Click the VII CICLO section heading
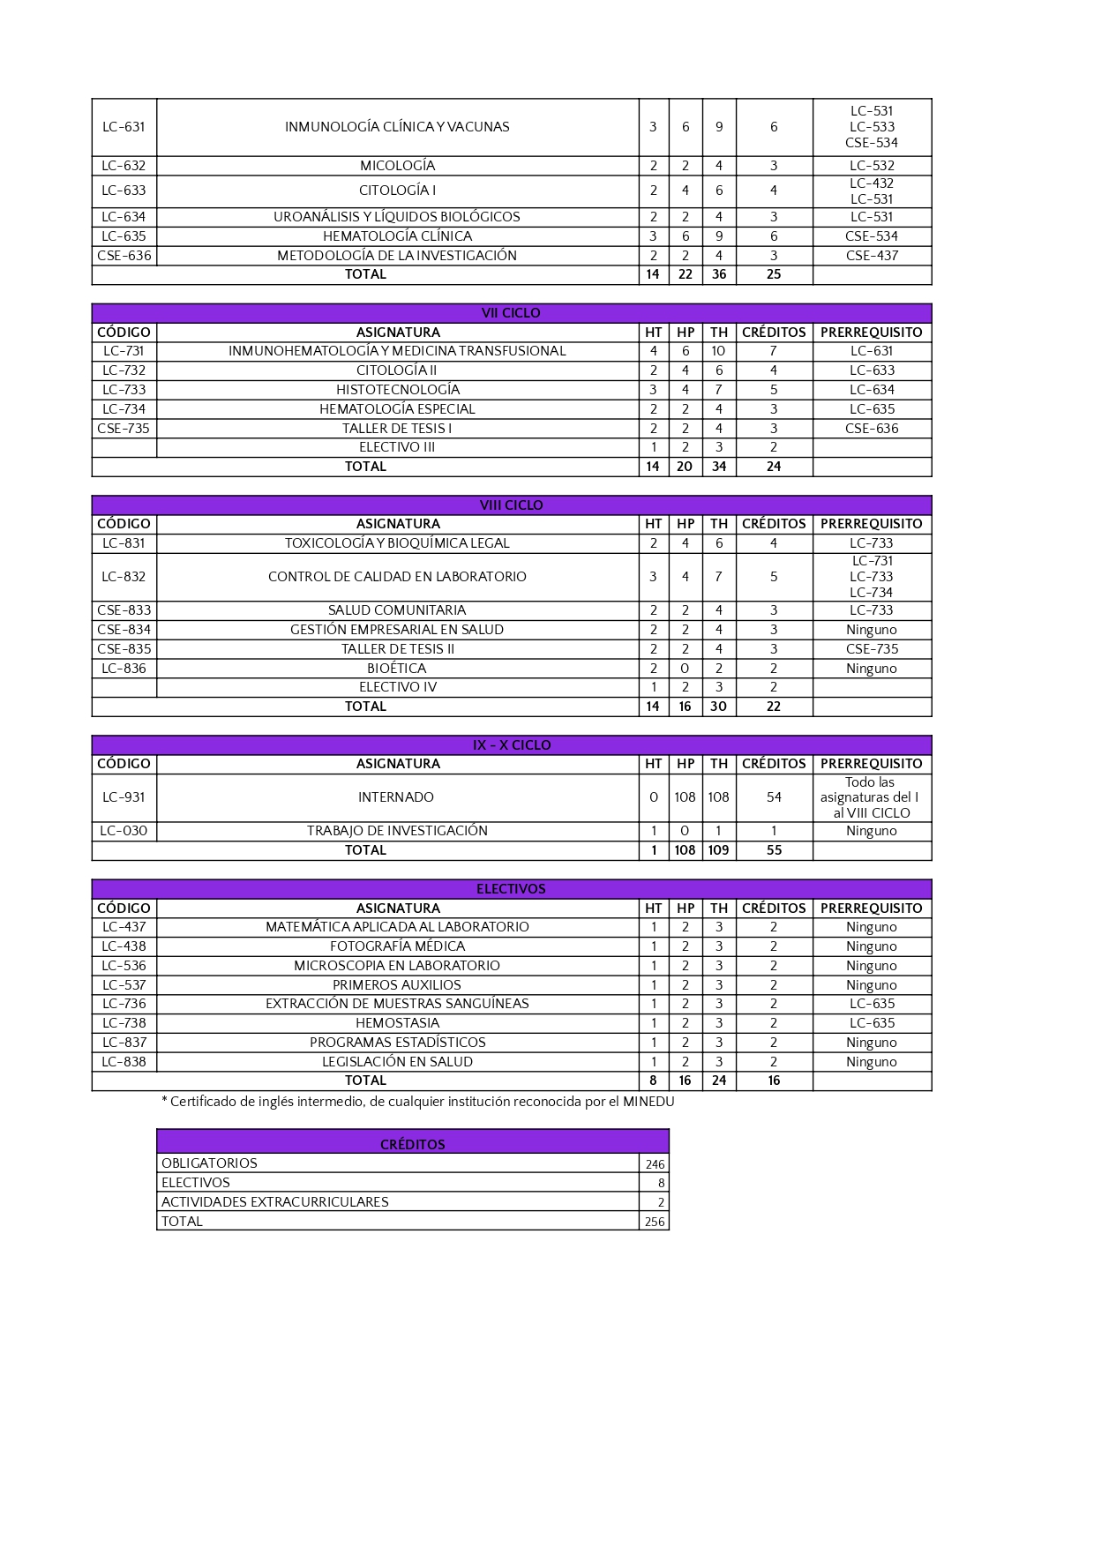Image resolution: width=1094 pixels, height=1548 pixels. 511,313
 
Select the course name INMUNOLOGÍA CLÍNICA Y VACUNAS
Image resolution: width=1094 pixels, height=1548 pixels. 397,127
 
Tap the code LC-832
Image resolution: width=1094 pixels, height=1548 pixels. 124,577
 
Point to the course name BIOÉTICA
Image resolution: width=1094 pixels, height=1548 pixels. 397,669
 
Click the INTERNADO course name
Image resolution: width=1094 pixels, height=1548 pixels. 396,797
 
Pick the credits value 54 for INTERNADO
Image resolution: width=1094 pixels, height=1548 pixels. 774,797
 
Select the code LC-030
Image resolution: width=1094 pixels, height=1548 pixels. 124,831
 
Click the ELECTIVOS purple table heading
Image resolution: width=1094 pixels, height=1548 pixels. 511,889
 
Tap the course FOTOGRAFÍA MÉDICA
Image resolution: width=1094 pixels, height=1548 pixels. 397,946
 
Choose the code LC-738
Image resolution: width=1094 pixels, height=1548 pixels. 124,1023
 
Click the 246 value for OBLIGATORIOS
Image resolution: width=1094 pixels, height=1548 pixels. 655,1164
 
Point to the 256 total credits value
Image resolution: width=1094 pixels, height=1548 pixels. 655,1222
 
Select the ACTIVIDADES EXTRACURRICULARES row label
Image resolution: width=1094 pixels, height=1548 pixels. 275,1202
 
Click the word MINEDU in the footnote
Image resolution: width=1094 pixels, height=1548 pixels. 648,1102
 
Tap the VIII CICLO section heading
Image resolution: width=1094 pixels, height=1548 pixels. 511,505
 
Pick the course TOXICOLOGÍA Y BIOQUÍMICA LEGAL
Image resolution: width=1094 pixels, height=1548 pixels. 397,543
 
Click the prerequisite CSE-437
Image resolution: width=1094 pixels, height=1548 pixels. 872,256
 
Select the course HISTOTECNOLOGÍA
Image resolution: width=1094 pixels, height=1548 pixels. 397,390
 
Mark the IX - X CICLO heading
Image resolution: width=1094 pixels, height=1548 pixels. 511,745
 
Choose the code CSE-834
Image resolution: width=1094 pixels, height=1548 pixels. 124,630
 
